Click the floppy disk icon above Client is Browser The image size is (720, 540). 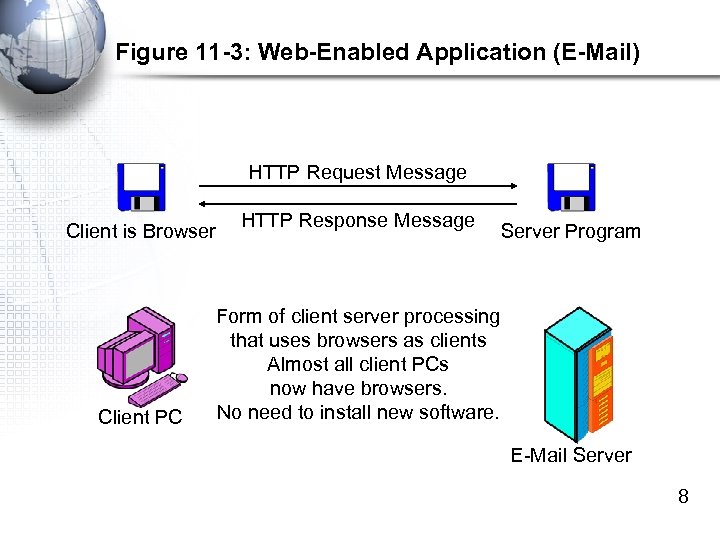pos(142,187)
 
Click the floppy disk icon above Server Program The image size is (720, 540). pos(571,187)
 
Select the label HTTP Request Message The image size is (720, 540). pos(357,172)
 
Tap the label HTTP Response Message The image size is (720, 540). pos(358,220)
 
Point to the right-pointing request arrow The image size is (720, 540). pos(357,186)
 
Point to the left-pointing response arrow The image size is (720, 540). pos(357,203)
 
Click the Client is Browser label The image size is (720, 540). pos(140,232)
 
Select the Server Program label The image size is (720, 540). pos(570,232)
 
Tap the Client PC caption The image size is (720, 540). pos(140,417)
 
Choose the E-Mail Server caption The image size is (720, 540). pos(571,455)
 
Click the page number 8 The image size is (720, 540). pos(683,496)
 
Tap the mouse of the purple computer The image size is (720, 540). pos(181,379)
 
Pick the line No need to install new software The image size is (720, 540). pos(357,412)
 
